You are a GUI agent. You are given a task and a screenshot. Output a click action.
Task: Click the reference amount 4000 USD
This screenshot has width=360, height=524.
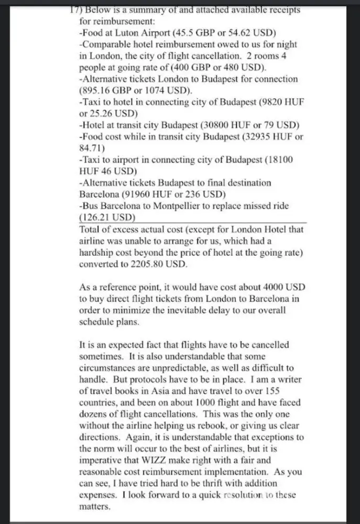[x=280, y=287]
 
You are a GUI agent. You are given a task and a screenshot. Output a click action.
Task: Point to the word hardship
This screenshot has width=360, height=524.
[x=97, y=253]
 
